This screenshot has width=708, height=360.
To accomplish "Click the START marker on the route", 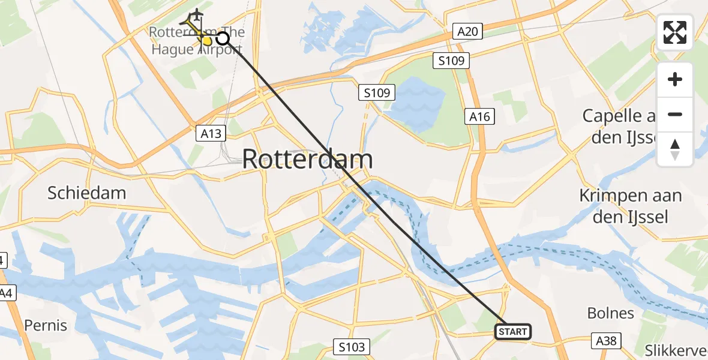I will [512, 331].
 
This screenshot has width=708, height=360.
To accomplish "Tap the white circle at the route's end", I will [222, 38].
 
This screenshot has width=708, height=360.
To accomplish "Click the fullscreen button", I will [675, 32].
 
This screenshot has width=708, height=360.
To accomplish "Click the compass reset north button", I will [675, 149].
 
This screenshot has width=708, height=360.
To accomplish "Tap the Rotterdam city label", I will [307, 160].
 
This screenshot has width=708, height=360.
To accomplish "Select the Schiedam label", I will [86, 193].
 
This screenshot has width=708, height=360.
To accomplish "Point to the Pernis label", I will [46, 325].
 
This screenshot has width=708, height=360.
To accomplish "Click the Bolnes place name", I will [610, 313].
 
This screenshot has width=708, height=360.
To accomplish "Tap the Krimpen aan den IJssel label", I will [630, 206].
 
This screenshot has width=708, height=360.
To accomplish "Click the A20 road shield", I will [467, 31].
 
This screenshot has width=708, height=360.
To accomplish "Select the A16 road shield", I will [480, 117].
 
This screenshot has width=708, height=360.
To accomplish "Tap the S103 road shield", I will [350, 346].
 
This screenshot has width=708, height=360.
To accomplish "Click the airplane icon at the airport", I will [196, 14].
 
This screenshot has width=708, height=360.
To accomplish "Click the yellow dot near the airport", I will [207, 41].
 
